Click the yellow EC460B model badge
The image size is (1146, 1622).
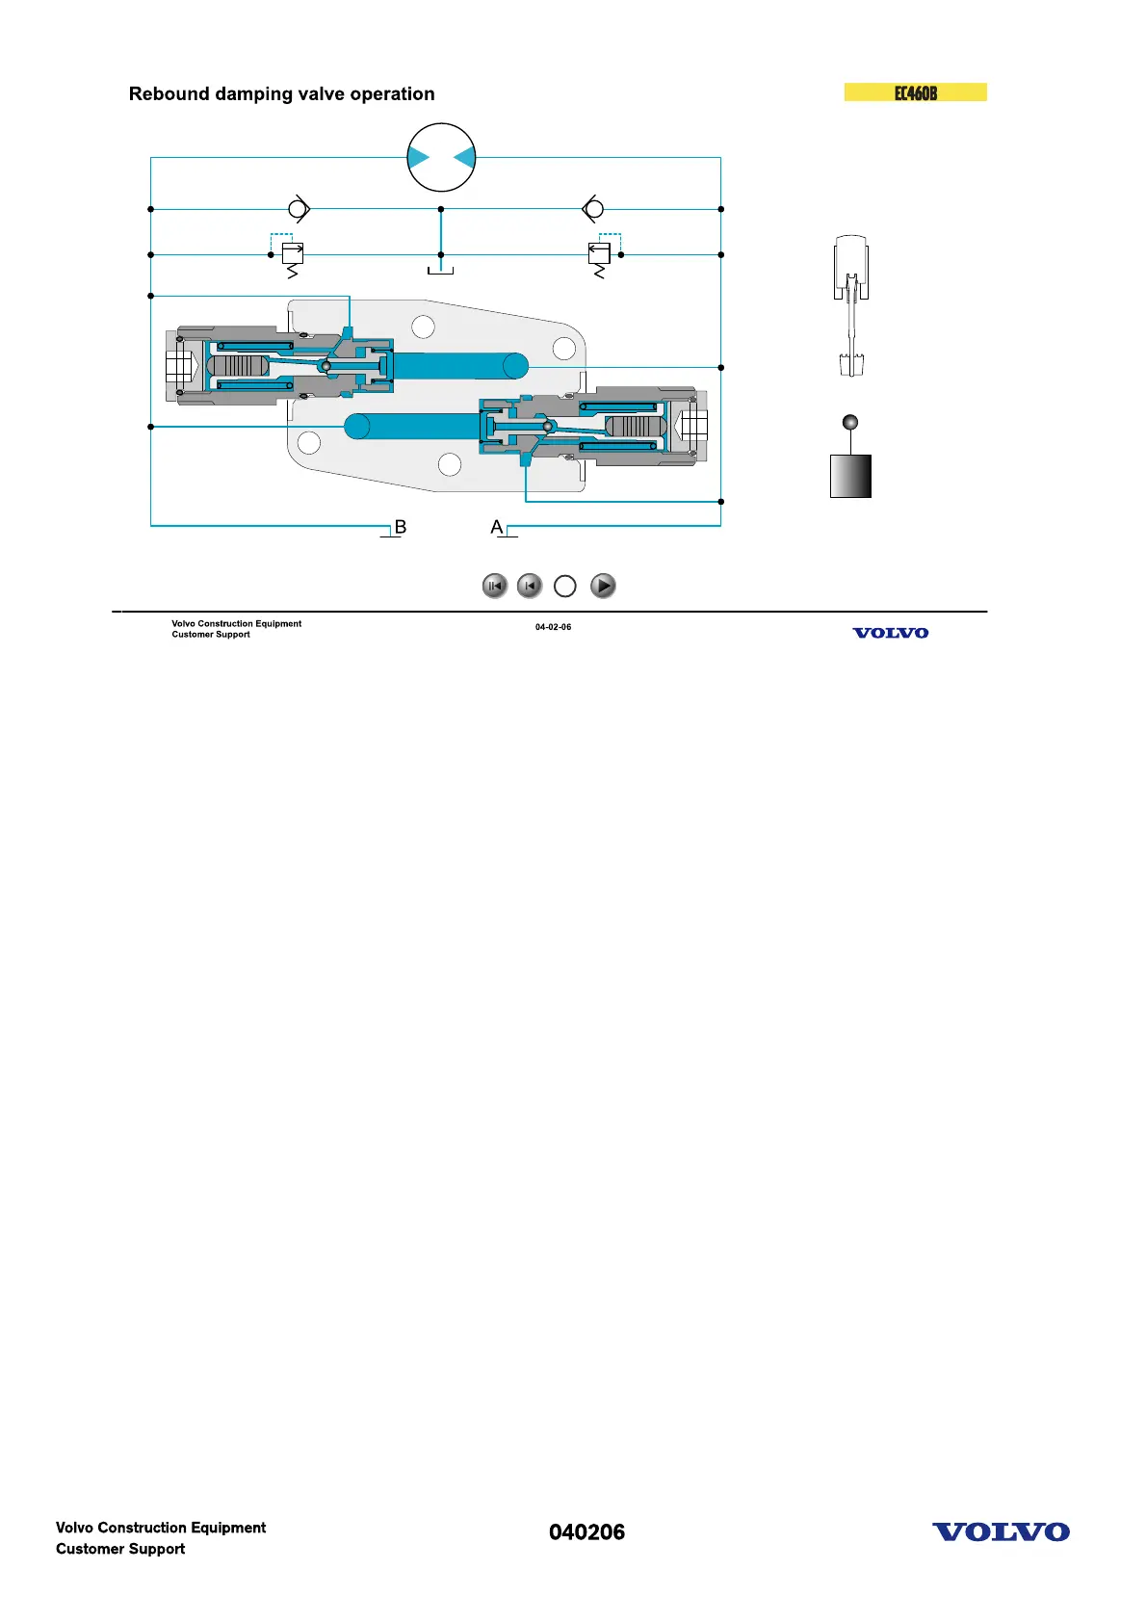[x=915, y=92]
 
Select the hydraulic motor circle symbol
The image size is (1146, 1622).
[x=441, y=157]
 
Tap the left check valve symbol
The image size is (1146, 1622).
[x=300, y=209]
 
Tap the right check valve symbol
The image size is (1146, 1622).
[x=593, y=209]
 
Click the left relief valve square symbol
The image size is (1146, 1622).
[x=292, y=254]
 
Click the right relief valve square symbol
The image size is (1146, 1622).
[x=599, y=254]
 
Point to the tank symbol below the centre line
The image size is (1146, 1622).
[x=440, y=271]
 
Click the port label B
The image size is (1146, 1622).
[x=401, y=528]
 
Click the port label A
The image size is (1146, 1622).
[x=497, y=528]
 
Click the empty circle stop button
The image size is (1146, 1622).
[x=565, y=586]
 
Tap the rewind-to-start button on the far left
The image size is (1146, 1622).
[x=495, y=586]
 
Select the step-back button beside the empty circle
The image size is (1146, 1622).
[x=530, y=586]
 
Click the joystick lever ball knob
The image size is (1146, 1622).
[x=849, y=422]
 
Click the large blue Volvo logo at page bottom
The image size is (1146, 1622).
[x=1001, y=1532]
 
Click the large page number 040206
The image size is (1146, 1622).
[x=586, y=1532]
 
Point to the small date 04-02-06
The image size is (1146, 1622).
[x=553, y=627]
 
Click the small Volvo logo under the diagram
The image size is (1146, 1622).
[x=890, y=633]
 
